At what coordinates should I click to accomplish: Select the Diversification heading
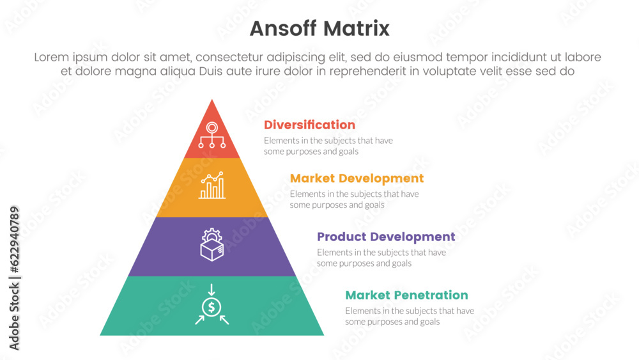coord(309,125)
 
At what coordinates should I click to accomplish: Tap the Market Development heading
coord(357,178)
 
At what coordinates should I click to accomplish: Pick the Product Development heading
coord(386,237)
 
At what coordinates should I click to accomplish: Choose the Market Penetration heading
coord(406,295)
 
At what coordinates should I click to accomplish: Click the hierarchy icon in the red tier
coord(212,135)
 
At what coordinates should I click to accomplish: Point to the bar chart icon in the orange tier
coord(212,185)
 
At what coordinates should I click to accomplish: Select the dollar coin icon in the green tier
coord(212,308)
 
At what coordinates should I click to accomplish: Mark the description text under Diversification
coord(328,146)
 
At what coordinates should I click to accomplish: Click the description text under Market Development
coord(355,200)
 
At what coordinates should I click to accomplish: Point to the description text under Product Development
coord(381,258)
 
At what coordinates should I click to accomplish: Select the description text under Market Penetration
coord(410,317)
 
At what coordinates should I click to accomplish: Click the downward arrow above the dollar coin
coord(212,288)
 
